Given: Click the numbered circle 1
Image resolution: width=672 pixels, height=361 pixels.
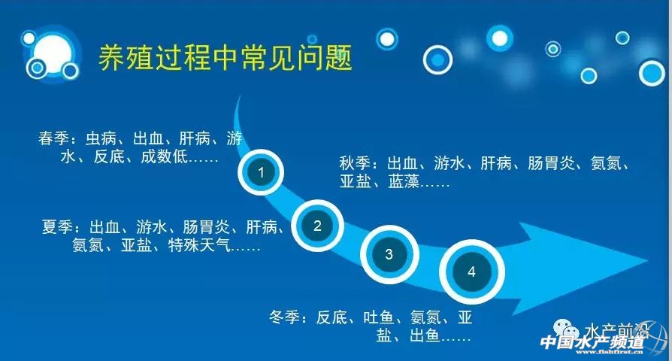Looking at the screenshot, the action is point(261,172).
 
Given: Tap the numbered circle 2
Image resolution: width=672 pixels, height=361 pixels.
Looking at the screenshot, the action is point(317,226).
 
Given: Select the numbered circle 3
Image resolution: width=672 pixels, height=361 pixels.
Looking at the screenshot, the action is point(389,254).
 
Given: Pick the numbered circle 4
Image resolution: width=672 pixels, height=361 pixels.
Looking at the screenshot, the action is point(471,272).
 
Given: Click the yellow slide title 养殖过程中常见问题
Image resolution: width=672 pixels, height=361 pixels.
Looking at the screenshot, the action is point(226,57).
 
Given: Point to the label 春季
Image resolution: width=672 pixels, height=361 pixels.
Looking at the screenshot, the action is point(53,138).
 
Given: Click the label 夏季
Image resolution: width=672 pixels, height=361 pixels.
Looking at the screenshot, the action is point(57,227).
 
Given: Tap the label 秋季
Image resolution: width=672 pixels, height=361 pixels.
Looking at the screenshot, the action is point(355,163).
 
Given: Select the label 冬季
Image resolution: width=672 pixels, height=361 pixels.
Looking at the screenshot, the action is point(284,317).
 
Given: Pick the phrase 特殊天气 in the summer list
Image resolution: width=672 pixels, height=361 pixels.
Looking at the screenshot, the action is point(199,245).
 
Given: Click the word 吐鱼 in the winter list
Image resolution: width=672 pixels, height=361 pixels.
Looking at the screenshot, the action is point(378,317).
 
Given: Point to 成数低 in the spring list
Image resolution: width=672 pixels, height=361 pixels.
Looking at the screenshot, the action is point(164,156).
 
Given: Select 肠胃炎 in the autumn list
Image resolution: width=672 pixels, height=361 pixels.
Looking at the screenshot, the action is point(551,163).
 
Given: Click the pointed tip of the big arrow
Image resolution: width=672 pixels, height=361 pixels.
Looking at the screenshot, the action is point(648,259).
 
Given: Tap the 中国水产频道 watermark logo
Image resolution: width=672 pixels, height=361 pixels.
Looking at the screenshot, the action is point(592,343).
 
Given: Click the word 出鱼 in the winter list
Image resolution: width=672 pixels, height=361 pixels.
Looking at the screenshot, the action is point(425,335).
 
